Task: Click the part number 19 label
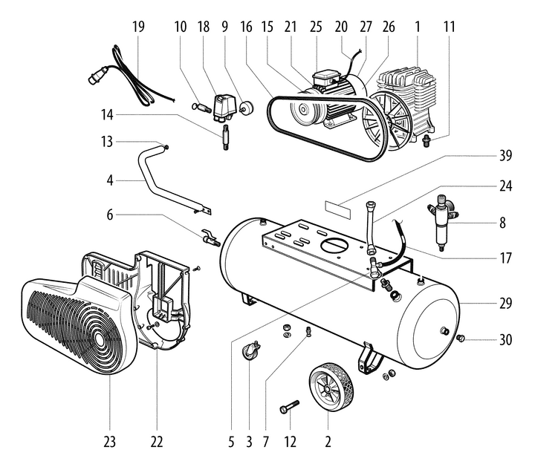(138, 27)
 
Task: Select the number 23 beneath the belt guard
(110, 442)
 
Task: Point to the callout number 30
(505, 340)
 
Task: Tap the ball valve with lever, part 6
(208, 238)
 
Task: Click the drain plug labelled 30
(461, 339)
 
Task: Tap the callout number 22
(157, 442)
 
